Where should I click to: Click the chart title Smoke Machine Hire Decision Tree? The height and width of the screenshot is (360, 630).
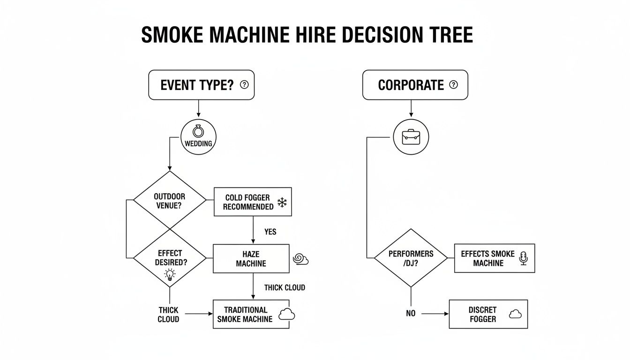point(307,36)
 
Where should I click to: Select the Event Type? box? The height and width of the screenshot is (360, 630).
point(201,85)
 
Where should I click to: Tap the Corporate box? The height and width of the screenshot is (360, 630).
point(415,85)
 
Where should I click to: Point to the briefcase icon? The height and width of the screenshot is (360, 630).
point(411,137)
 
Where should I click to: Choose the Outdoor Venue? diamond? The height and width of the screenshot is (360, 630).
point(169,201)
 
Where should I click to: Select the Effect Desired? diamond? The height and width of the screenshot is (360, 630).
point(169,258)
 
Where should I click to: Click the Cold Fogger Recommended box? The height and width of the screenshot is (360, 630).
point(253,202)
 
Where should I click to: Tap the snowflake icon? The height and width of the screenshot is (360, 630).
point(282,202)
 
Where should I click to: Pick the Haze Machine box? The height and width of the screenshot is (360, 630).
point(251,259)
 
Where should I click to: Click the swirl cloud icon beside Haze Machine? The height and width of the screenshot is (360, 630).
point(300,259)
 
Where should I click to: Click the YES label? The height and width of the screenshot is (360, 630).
point(270,232)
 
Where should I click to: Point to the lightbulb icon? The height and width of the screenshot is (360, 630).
point(170,275)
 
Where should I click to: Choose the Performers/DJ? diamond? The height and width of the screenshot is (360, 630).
point(411,258)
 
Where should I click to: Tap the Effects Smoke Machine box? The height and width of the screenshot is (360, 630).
point(494,258)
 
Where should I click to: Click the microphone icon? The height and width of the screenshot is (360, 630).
point(524,258)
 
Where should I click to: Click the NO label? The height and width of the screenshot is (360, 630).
point(411,314)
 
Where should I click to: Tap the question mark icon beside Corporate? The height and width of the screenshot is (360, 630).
point(453,85)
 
